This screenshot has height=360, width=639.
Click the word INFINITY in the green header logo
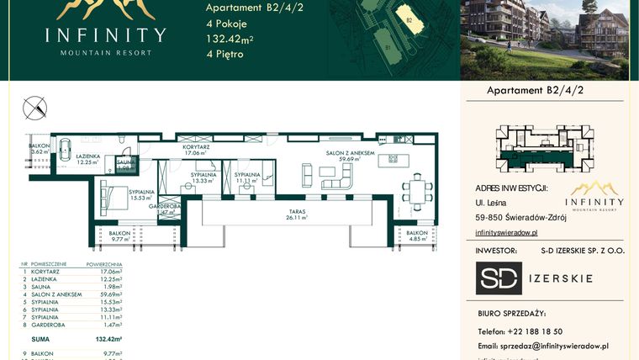pos(105,35)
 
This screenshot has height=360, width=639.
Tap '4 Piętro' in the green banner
pos(224,54)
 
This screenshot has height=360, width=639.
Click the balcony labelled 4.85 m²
pos(417,236)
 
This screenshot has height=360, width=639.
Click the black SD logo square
pos(499,278)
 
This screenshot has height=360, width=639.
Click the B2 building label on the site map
pos(409,19)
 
